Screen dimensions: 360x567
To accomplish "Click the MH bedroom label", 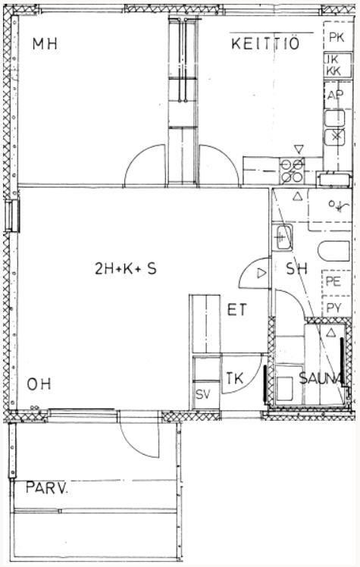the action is pyautogui.click(x=45, y=44).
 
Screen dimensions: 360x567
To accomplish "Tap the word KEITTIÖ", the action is pyautogui.click(x=265, y=43).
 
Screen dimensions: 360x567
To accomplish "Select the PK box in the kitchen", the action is pyautogui.click(x=337, y=36).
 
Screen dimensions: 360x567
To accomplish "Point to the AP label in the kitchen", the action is pyautogui.click(x=335, y=95).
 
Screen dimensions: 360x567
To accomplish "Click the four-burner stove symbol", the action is pyautogui.click(x=292, y=171).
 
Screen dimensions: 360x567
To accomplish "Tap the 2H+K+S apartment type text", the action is pyautogui.click(x=125, y=268).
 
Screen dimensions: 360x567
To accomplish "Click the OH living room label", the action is pyautogui.click(x=39, y=384).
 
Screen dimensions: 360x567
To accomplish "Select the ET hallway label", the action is pyautogui.click(x=236, y=310).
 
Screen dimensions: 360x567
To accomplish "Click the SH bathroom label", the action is pyautogui.click(x=297, y=268).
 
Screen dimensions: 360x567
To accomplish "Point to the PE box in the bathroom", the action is pyautogui.click(x=337, y=281).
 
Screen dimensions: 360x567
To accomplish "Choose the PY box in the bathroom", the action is pyautogui.click(x=337, y=307).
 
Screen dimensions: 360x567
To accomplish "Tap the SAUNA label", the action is pyautogui.click(x=321, y=378).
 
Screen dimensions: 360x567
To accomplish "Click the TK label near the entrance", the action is pyautogui.click(x=235, y=378).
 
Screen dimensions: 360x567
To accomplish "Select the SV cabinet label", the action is pyautogui.click(x=203, y=394).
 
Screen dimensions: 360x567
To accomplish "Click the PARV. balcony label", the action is pyautogui.click(x=47, y=487).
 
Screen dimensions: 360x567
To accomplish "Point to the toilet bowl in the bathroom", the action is pyautogui.click(x=334, y=251).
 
